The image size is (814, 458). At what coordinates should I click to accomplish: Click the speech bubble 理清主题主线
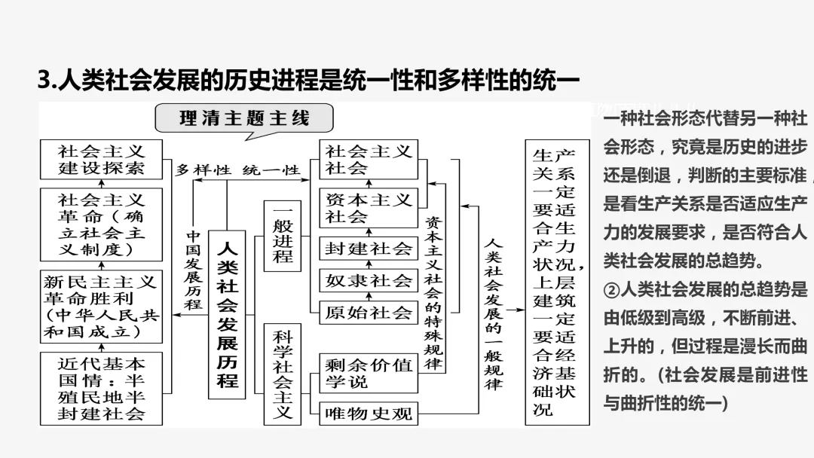point(244,119)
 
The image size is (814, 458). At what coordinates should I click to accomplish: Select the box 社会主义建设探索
point(101,160)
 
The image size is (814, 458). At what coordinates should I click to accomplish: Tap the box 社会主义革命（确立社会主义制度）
point(101,224)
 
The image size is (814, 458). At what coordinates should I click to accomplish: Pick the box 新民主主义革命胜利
point(101,307)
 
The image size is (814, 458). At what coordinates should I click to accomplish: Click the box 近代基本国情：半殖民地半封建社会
point(101,387)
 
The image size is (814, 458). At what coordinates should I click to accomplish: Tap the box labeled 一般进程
point(282,236)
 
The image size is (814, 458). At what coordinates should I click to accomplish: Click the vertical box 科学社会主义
point(282,374)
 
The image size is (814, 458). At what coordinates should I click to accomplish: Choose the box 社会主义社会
point(368,160)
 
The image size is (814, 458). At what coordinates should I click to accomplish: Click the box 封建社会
point(368,249)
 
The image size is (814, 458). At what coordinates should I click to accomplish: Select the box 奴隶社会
point(368,281)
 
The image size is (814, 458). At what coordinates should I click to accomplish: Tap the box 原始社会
point(368,313)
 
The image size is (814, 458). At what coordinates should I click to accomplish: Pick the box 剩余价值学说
point(368,373)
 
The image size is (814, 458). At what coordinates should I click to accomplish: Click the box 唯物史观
point(368,412)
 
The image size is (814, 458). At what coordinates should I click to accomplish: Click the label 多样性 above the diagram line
point(203,170)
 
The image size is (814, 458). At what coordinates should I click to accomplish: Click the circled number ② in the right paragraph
point(611,289)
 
